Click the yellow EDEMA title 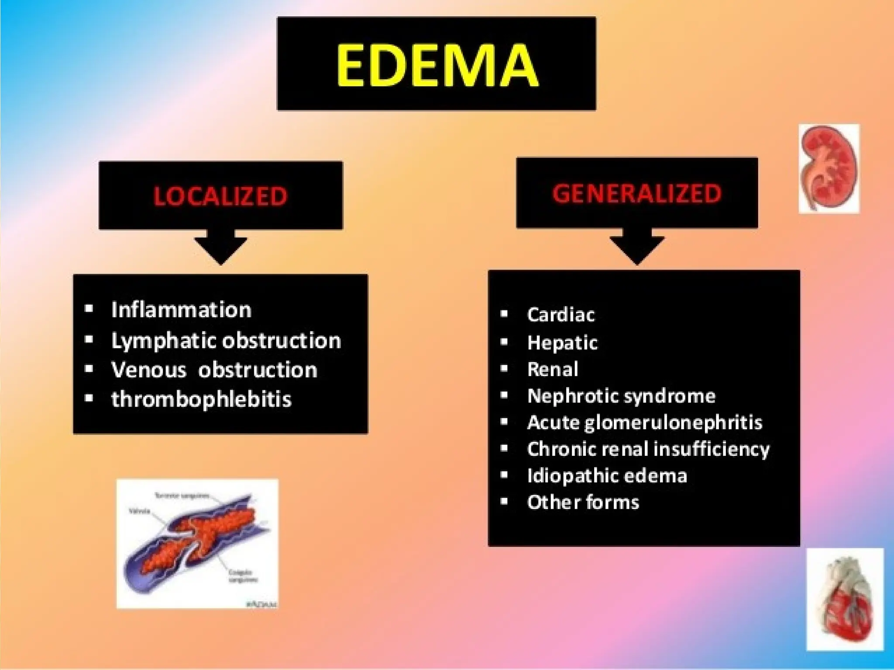(437, 65)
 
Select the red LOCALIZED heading (220, 196)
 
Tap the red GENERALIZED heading (637, 194)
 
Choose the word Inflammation (181, 310)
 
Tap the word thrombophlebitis (201, 399)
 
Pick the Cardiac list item (560, 315)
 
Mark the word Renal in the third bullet (553, 369)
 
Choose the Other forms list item (583, 502)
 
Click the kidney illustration (829, 168)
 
